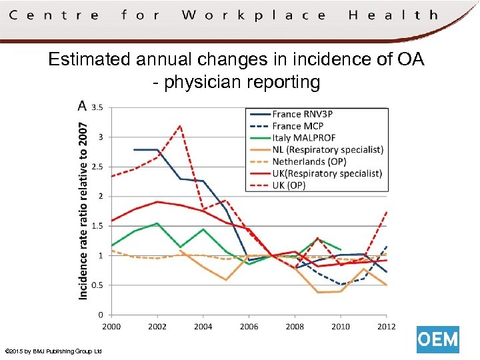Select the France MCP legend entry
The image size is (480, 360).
[298, 126]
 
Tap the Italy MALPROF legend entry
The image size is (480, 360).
[303, 138]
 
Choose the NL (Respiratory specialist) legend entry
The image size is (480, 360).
[327, 149]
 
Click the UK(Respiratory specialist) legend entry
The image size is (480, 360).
[327, 173]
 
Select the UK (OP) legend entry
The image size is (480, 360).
[289, 185]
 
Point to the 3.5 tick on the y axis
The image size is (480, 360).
[97, 107]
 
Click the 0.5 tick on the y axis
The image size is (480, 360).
[97, 285]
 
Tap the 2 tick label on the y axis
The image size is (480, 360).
[100, 196]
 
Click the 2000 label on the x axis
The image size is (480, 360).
[111, 327]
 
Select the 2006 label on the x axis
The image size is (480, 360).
[249, 327]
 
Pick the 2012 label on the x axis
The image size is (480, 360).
[386, 327]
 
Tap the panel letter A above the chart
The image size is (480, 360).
[82, 106]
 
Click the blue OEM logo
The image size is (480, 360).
[438, 340]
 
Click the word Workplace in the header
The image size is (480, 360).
[254, 15]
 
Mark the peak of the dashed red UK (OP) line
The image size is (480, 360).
[180, 125]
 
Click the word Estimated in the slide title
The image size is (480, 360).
[89, 60]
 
